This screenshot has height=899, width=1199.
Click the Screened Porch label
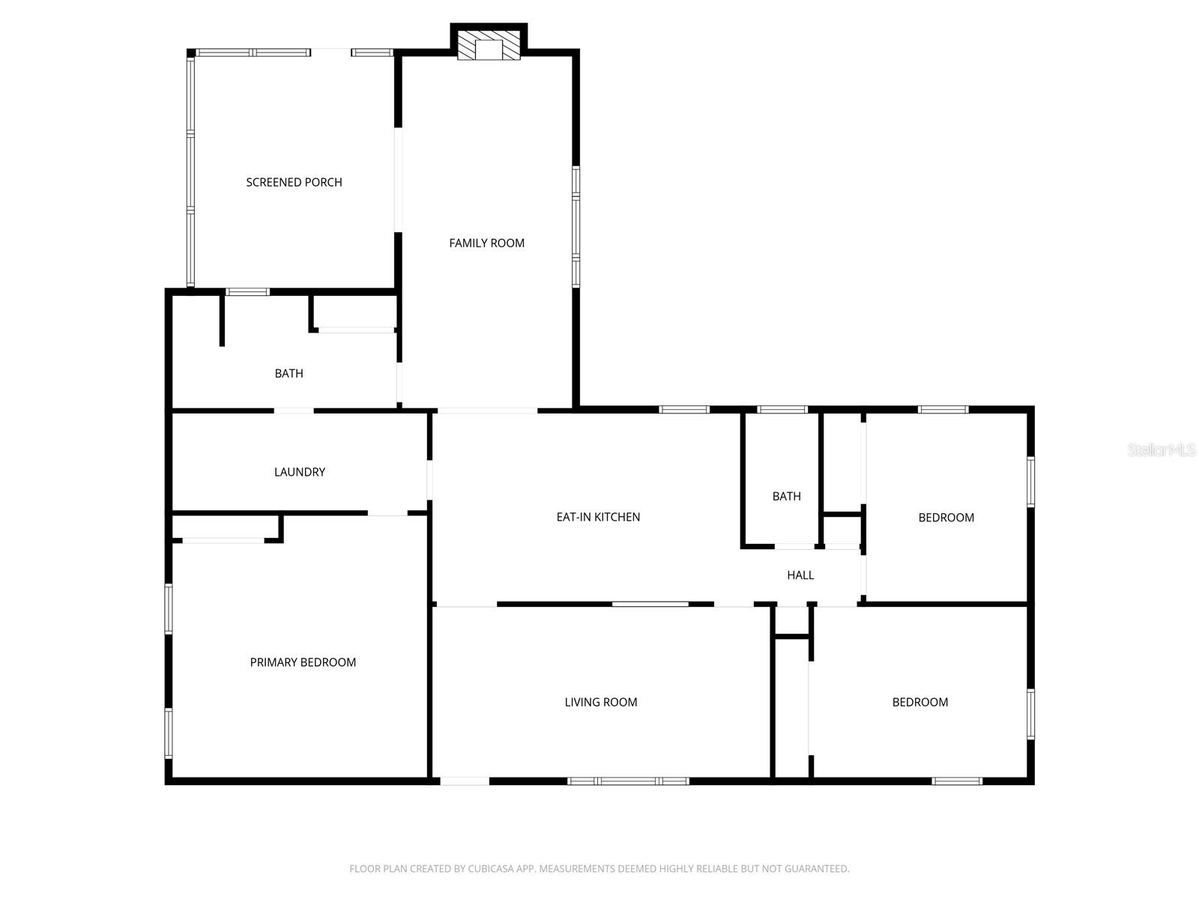coord(294,182)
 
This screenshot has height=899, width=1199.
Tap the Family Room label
coord(486,243)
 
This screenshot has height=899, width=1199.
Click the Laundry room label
coord(300,472)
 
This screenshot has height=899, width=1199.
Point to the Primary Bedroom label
coord(303,662)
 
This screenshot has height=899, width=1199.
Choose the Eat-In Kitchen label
coord(598,517)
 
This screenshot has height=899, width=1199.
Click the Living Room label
coord(601,702)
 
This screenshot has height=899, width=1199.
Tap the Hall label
coord(800,575)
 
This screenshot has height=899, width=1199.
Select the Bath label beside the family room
coord(289,373)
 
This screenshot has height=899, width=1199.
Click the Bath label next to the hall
coord(787,496)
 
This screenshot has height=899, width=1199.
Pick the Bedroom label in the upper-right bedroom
coord(946,518)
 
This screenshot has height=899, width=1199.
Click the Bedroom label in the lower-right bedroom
coord(919,702)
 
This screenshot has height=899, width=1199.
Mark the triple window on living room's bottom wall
coord(628,781)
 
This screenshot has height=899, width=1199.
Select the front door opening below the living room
coord(465,781)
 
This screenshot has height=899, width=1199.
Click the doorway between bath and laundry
coord(294,411)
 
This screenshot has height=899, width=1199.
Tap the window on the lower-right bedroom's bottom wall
coord(957,781)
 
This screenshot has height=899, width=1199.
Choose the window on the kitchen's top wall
coord(684,410)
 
